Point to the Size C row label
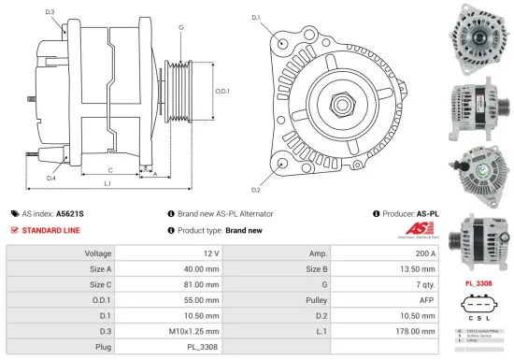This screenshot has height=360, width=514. tap(98, 285)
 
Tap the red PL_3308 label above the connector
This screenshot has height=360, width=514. tap(479, 281)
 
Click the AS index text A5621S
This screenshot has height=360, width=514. tap(70, 213)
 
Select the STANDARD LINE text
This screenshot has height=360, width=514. tap(50, 230)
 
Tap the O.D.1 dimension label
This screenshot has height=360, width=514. tap(222, 91)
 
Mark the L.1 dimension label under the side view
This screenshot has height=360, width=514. tap(107, 185)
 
